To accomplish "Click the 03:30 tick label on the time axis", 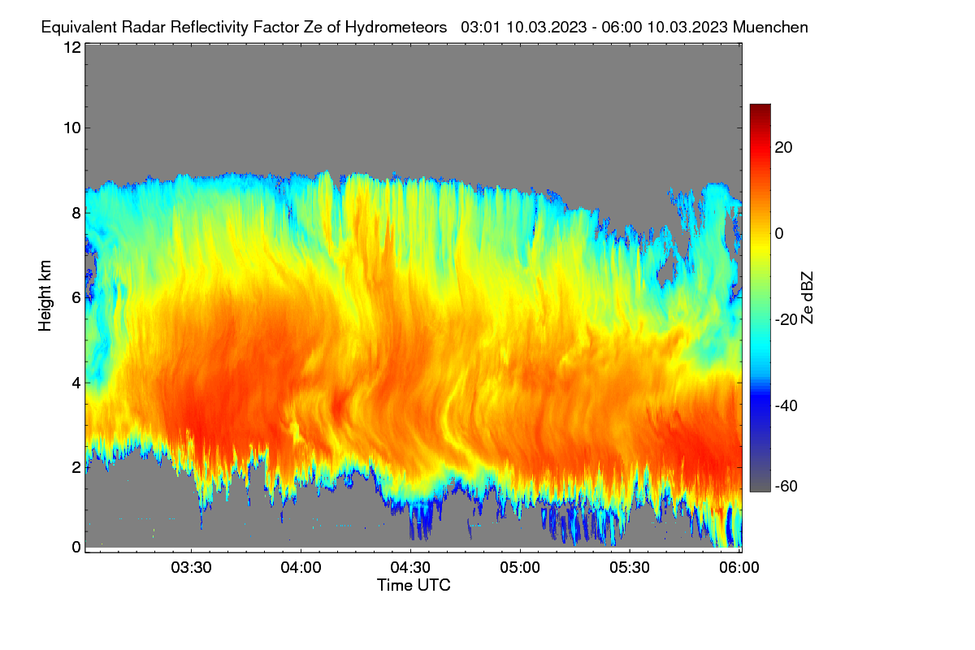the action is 191,568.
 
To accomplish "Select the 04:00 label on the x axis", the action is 301,568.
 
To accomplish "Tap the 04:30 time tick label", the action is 410,568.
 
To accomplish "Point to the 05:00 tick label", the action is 520,568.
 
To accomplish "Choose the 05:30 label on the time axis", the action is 630,568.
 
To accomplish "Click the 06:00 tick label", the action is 739,568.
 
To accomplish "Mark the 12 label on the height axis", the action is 72,47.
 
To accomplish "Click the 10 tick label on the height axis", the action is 72,128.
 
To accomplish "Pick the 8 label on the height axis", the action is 77,213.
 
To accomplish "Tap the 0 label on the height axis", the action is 77,548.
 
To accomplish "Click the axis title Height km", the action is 45,296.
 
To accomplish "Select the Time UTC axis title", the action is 414,586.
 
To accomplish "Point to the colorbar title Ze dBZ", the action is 807,298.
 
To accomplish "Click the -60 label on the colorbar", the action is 786,487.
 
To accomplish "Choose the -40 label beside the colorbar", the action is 786,405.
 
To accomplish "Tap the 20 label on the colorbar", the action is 783,148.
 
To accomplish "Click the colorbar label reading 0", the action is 779,234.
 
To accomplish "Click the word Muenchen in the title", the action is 770,28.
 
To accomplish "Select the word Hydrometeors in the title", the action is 396,28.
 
